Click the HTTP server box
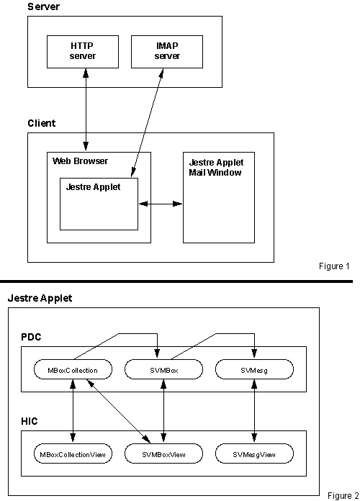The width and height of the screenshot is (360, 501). (83, 52)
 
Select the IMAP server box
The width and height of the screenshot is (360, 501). (167, 52)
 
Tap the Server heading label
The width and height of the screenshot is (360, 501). (43, 6)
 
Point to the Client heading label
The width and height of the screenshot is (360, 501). (42, 123)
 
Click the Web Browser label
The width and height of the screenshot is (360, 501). (80, 161)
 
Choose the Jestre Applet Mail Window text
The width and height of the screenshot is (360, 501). (216, 168)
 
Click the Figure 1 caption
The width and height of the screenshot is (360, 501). (334, 266)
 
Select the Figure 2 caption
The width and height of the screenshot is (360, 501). (343, 495)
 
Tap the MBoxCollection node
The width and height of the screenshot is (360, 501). (73, 370)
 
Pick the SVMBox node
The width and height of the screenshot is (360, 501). (163, 370)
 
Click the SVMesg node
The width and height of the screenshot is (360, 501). (254, 370)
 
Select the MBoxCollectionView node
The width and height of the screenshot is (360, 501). (73, 453)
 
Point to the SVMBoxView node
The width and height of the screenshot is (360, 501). (163, 453)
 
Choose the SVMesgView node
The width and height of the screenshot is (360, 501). (254, 453)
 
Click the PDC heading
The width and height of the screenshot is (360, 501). (31, 337)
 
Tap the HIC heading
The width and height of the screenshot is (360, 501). (30, 421)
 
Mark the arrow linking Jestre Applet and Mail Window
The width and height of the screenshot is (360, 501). (161, 204)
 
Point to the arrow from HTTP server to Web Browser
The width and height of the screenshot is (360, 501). (86, 109)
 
